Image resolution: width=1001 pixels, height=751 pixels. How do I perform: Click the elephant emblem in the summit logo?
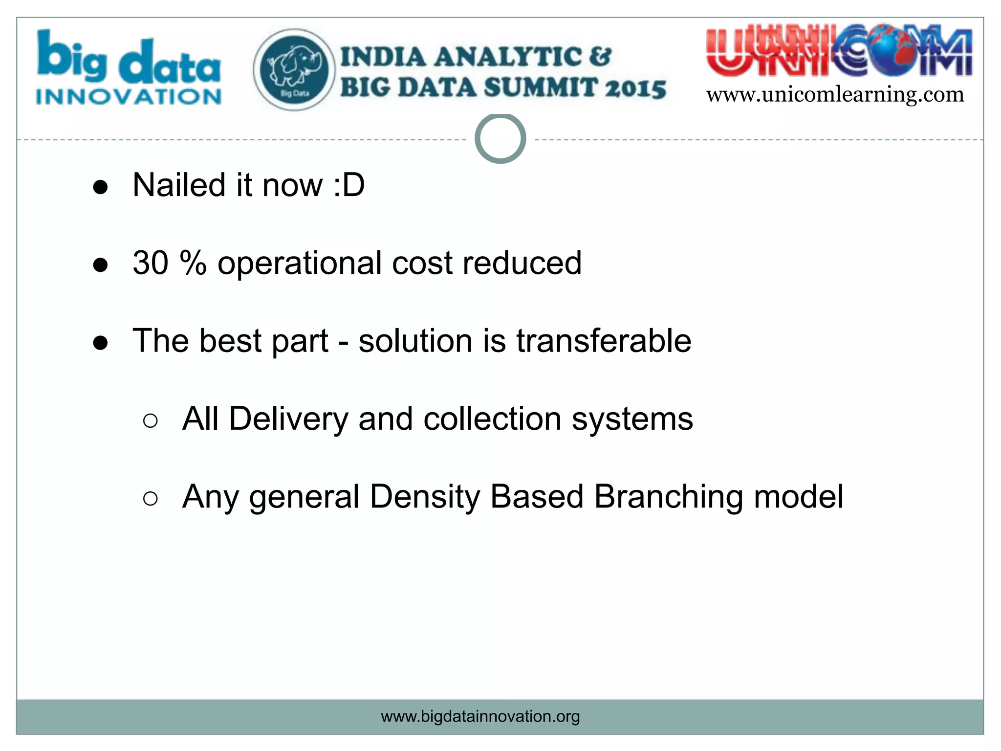pos(294,69)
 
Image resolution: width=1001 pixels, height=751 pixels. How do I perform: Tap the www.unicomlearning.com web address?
pos(835,94)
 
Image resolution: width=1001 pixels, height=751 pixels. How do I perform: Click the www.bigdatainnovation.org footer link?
pos(480,716)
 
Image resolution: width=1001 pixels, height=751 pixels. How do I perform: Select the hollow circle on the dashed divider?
pos(500,138)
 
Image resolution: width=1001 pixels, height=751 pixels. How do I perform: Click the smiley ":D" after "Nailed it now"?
pos(348,185)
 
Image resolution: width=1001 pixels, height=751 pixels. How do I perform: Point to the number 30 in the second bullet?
pos(151,263)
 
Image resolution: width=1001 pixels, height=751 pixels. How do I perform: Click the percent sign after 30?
pos(193,263)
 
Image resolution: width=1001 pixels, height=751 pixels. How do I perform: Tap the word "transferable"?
pos(604,341)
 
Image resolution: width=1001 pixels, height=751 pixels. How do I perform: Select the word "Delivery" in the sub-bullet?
pos(288,419)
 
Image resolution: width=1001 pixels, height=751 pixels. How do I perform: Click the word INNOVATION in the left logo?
pos(129,97)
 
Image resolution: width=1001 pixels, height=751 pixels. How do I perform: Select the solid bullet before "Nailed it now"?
pos(100,187)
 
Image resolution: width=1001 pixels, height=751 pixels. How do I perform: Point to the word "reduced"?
pos(522,263)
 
